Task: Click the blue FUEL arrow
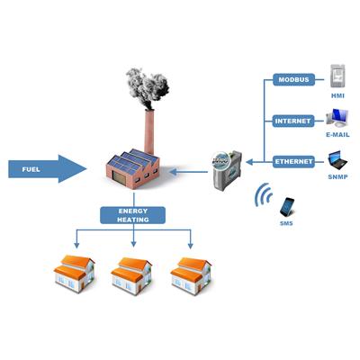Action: (x=48, y=169)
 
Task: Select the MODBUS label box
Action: (x=293, y=80)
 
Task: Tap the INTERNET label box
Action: (x=293, y=121)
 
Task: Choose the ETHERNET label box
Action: (x=293, y=162)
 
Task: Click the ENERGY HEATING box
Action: (x=132, y=215)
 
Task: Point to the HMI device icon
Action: (x=337, y=76)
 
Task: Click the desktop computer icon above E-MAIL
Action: (x=337, y=118)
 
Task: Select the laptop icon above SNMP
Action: (x=337, y=160)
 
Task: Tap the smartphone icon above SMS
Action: (x=287, y=207)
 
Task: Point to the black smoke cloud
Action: (x=148, y=87)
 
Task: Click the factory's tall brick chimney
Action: (x=149, y=131)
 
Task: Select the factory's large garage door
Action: (x=119, y=177)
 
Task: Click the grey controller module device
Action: (x=227, y=170)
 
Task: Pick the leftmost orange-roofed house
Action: (x=75, y=274)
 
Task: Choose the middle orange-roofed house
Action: (x=131, y=276)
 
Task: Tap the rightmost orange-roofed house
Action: (x=191, y=276)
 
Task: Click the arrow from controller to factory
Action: (x=188, y=172)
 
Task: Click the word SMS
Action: (x=286, y=223)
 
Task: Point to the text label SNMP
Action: (x=337, y=177)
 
